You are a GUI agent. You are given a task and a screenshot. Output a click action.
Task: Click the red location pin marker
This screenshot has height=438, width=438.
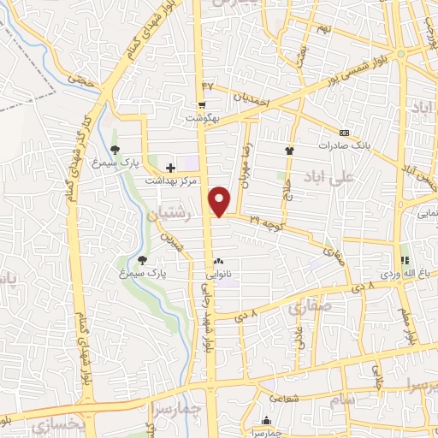(x=222, y=200)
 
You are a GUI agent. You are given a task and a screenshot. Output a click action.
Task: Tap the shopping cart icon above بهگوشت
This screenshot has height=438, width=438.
(x=201, y=105)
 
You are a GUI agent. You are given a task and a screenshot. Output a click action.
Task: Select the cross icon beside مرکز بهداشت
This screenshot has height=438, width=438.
(x=170, y=168)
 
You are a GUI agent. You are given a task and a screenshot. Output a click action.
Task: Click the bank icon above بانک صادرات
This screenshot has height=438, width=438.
(x=344, y=133)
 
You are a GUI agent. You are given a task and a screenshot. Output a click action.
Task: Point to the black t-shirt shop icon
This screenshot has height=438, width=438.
(x=290, y=151)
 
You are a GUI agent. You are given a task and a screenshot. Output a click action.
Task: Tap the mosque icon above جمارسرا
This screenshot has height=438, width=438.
(x=268, y=421)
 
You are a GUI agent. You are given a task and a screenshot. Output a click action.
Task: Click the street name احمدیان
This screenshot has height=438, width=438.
(x=252, y=100)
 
